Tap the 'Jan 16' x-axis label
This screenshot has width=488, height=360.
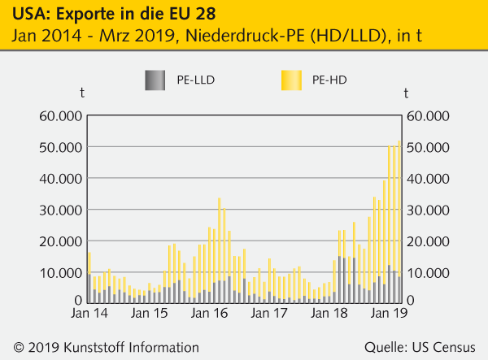(x=210, y=313)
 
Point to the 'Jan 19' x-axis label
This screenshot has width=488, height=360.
(x=390, y=313)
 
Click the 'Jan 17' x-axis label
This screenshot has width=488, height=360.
(x=270, y=313)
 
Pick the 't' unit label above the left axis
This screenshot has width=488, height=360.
(x=81, y=94)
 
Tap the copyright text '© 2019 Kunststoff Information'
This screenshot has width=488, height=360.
(x=101, y=346)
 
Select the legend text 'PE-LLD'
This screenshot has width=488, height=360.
(x=195, y=80)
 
